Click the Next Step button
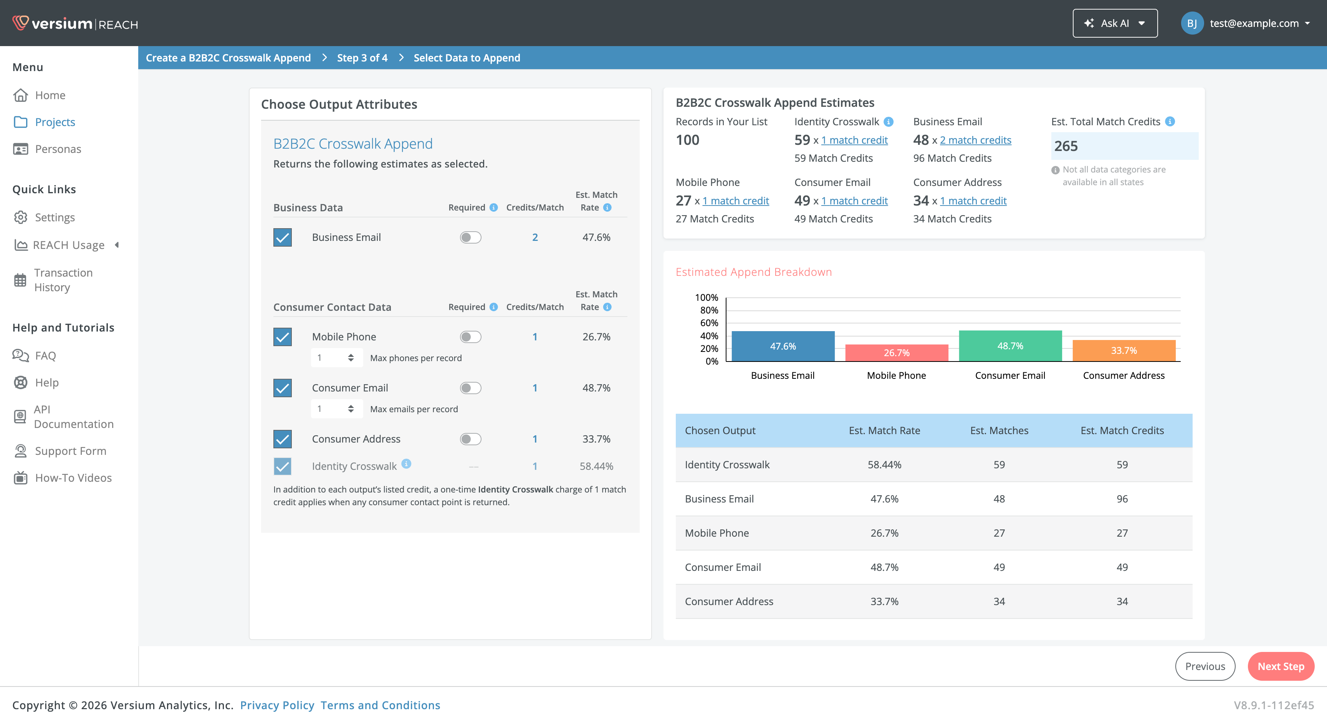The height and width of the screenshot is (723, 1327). pos(1281,666)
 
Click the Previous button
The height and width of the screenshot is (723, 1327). pos(1205,666)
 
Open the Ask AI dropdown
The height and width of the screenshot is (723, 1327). pos(1115,23)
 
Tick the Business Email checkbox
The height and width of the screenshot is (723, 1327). pos(282,237)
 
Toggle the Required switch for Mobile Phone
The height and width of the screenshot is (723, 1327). pos(470,337)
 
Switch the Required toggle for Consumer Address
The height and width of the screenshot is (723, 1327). pos(470,439)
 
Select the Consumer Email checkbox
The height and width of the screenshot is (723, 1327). pos(282,388)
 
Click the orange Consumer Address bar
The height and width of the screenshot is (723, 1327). pos(1123,350)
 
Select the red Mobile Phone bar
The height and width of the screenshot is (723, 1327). pos(896,353)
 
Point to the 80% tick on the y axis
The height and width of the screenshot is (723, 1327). pos(709,310)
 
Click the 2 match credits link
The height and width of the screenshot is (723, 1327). pos(975,140)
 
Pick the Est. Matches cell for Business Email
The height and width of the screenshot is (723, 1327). pos(999,498)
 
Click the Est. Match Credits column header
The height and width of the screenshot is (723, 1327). pos(1122,430)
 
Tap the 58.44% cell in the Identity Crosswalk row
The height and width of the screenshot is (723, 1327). pos(884,464)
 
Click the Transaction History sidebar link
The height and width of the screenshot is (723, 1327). pos(63,280)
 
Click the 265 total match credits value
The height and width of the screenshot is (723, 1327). pos(1066,146)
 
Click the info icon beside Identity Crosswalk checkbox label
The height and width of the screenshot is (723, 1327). pos(406,463)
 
